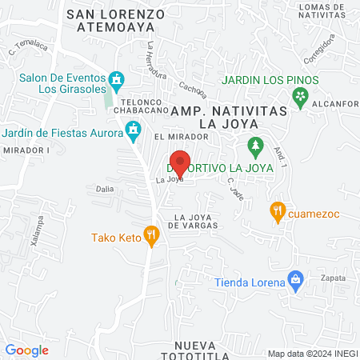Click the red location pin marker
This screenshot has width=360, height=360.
[180, 162]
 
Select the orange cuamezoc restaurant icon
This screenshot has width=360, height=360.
[278, 212]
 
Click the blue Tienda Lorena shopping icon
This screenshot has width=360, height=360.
[296, 280]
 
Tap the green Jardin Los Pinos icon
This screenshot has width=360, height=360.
[301, 98]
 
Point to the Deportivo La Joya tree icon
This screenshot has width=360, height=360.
[255, 147]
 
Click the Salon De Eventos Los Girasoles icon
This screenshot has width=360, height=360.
[117, 80]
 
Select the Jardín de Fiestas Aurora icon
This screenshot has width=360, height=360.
[133, 130]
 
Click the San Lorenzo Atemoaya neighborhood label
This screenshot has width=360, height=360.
[116, 20]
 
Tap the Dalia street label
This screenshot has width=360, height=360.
[105, 190]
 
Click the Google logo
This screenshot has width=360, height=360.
[26, 350]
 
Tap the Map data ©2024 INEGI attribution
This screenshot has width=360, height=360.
[311, 354]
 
